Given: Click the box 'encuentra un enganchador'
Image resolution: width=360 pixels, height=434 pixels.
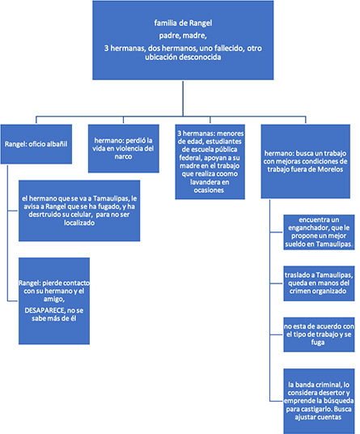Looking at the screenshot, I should [319, 234].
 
